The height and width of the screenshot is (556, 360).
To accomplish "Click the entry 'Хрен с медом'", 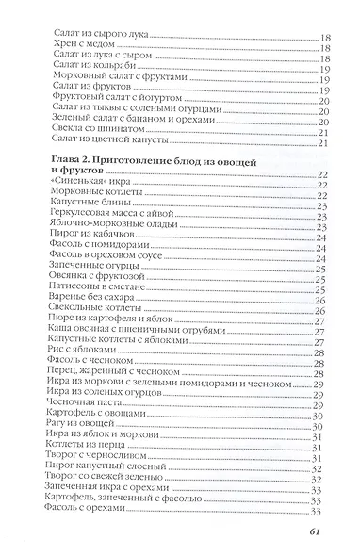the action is pyautogui.click(x=76, y=28).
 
